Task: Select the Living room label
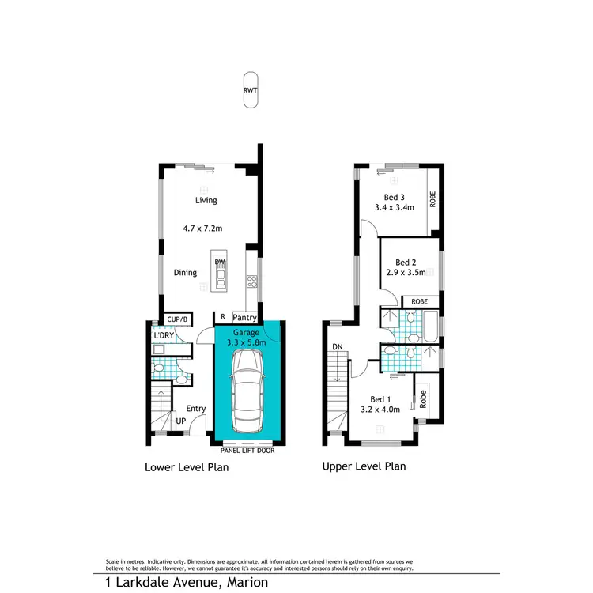point(206,201)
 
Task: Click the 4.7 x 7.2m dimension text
point(202,229)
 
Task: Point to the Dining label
point(185,273)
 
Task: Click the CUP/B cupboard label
point(178,319)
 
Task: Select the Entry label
point(195,409)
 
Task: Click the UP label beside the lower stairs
point(180,422)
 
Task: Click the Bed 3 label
point(395,197)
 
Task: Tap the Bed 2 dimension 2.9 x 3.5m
point(406,273)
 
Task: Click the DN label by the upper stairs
point(338,346)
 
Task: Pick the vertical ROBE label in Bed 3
point(432,198)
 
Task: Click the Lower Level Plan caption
point(187,467)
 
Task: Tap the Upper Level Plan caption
point(364,466)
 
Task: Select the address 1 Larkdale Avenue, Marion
point(187,582)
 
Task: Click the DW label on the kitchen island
point(219,262)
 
